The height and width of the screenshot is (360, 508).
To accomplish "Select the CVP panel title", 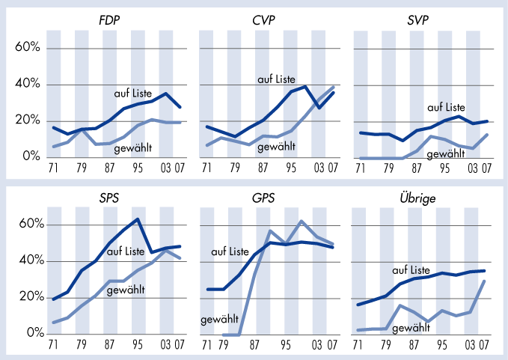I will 264,20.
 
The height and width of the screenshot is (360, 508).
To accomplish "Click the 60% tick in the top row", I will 27,49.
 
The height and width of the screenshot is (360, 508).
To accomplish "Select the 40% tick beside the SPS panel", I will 27,261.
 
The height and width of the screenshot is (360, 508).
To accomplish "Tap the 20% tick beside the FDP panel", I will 27,121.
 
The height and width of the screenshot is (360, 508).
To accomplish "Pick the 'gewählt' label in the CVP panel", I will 277,147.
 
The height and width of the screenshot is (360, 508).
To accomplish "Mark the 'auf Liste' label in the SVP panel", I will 446,107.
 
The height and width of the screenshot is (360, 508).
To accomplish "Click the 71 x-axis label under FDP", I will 53,168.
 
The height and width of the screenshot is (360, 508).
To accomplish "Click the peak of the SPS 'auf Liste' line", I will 138,219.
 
